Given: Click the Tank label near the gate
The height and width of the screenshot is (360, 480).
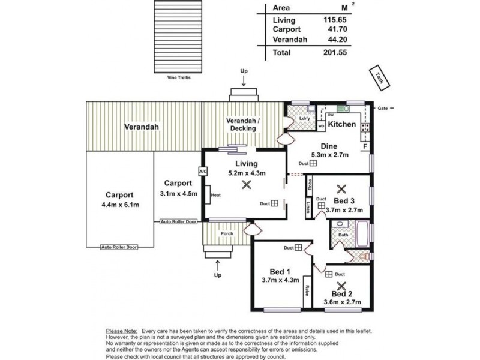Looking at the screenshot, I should click(379, 77).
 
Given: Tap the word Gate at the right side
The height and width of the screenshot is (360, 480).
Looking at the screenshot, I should click(382, 109).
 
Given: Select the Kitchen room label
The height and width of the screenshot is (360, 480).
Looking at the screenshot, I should click(342, 124).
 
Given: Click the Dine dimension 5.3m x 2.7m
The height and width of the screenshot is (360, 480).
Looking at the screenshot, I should click(329, 155).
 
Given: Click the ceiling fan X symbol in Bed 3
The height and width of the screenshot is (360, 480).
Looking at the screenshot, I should click(341, 188).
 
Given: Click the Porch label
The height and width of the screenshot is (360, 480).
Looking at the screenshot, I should click(227, 234).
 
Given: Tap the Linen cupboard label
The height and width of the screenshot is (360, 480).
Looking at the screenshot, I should click(307, 208).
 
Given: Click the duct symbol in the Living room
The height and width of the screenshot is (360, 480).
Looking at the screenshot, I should click(274, 203).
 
